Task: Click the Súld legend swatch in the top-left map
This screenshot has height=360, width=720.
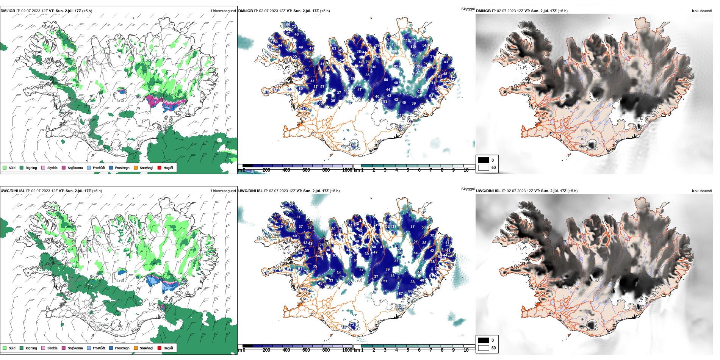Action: tap(5, 167)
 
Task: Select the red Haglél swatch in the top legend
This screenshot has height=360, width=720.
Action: tap(160, 167)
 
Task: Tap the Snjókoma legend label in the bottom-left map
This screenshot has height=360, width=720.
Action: tap(75, 348)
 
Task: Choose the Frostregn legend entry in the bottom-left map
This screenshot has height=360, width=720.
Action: tap(122, 348)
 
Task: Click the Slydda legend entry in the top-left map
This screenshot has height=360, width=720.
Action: tap(52, 167)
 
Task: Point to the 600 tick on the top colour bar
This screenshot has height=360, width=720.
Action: tap(306, 170)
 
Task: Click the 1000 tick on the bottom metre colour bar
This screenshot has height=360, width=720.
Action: tap(347, 350)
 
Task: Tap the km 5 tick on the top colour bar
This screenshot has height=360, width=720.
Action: tap(408, 170)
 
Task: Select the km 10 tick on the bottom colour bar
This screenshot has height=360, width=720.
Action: tap(466, 350)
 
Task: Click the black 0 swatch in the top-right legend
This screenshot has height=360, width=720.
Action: tap(484, 160)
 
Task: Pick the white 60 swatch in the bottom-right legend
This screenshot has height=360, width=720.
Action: tap(484, 347)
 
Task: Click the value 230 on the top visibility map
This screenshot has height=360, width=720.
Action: tap(416, 66)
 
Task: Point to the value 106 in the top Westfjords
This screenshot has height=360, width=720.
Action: tap(288, 25)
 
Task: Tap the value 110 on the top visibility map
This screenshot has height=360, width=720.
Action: tap(407, 40)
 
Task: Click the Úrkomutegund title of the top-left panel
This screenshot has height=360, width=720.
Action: tap(223, 11)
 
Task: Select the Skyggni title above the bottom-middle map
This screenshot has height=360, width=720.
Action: tap(468, 189)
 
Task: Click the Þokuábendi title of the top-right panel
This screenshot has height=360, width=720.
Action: tap(702, 11)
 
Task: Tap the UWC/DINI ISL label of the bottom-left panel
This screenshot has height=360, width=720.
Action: tap(13, 191)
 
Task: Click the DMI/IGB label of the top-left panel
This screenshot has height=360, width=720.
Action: tap(8, 11)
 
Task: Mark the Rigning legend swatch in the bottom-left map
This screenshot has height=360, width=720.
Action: tap(22, 348)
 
